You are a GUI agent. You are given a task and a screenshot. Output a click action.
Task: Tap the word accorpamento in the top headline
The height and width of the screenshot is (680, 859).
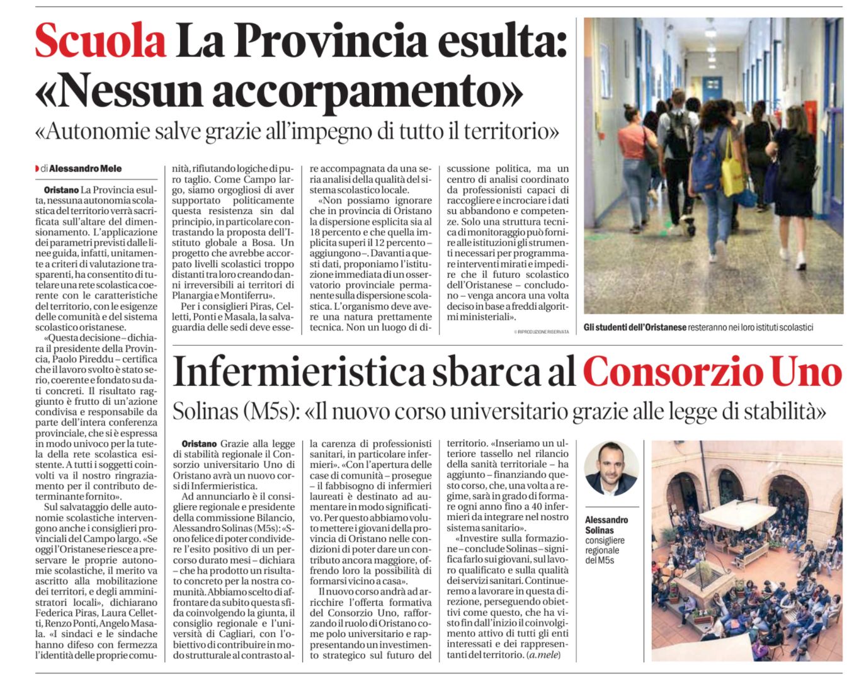367,91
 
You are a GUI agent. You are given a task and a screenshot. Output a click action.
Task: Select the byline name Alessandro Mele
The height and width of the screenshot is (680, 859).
85,169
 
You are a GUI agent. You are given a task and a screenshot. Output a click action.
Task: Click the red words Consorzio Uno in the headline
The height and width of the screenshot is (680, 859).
712,372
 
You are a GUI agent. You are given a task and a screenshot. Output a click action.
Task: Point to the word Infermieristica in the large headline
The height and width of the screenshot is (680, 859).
299,372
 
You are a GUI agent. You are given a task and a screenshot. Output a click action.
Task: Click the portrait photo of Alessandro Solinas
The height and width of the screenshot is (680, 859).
611,469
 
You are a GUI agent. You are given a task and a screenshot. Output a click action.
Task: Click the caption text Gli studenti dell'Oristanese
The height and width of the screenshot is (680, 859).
634,327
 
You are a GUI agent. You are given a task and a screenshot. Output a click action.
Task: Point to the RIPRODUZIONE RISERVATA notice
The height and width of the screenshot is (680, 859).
541,332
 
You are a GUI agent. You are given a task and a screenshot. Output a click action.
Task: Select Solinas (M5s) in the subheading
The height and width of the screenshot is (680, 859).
234,412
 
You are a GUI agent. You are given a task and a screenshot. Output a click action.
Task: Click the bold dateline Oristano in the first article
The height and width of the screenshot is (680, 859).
61,190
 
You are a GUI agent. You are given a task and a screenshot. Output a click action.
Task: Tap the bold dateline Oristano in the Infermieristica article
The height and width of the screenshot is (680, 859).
199,444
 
